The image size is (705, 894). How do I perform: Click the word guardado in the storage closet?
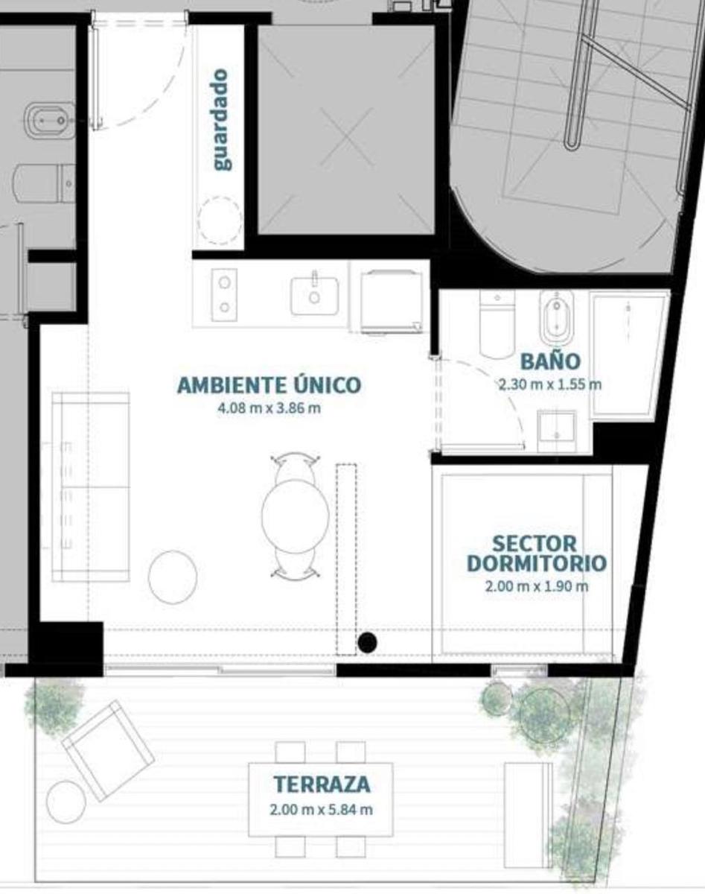tap(221, 120)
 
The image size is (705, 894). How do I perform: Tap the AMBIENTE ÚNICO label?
tap(269, 384)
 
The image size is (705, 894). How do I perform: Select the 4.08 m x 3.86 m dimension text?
tap(269, 409)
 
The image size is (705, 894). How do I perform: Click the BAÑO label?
tap(551, 361)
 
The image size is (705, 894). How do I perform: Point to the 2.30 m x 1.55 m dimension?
tap(550, 385)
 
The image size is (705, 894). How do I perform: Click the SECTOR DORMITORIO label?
tap(537, 554)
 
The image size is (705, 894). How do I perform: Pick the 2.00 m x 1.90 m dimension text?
tap(537, 587)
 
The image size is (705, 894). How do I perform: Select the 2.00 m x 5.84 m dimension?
tap(322, 810)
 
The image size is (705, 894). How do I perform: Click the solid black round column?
tap(367, 642)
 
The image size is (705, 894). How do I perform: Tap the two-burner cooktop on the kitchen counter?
tap(225, 294)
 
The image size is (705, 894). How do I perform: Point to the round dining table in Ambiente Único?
tap(296, 516)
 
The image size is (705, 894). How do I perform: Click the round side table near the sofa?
tap(173, 577)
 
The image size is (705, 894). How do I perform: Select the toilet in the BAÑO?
tap(497, 325)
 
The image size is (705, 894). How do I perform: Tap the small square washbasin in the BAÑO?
tap(557, 431)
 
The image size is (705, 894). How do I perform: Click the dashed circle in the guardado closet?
tap(220, 221)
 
